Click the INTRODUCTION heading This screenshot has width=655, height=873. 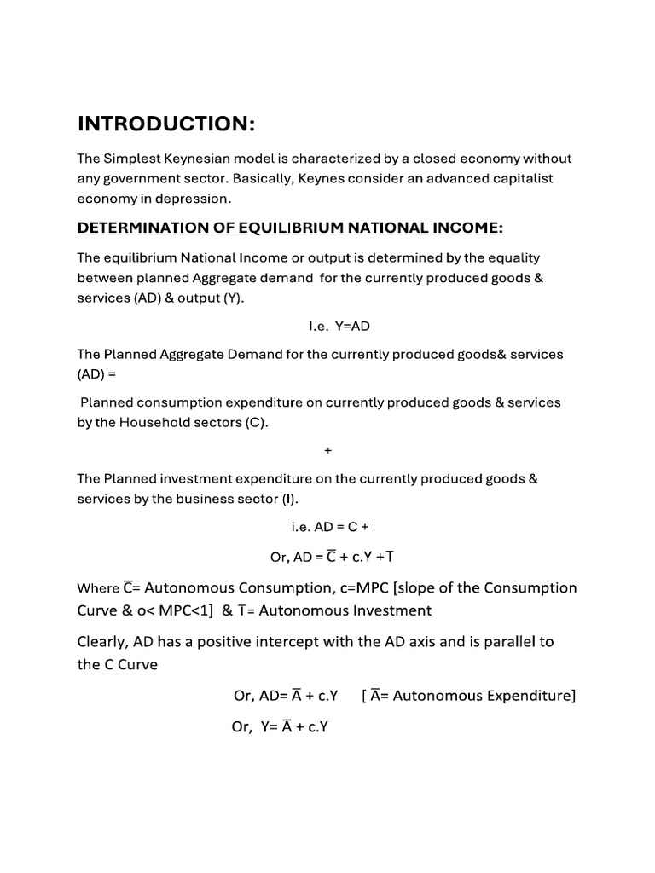point(166,124)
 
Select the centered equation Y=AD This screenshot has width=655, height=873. point(327,326)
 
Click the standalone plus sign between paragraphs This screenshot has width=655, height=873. point(327,450)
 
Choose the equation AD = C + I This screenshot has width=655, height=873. point(327,528)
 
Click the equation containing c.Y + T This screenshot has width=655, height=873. point(332,557)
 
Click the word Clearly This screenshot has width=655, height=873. point(106,642)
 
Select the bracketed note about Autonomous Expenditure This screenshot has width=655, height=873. point(468,696)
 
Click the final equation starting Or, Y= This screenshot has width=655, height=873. point(281,727)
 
